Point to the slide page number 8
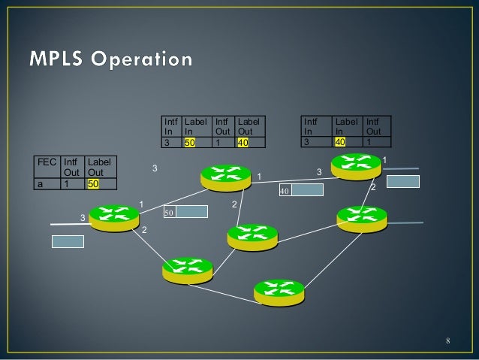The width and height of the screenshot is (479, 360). pyautogui.click(x=447, y=343)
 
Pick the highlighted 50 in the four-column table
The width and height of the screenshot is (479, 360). pyautogui.click(x=191, y=141)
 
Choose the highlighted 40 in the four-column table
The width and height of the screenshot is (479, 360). pyautogui.click(x=243, y=141)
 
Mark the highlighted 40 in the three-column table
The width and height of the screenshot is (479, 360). pyautogui.click(x=342, y=141)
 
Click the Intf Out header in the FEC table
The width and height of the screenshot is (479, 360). pyautogui.click(x=72, y=168)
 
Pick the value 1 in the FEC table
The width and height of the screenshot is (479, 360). pyautogui.click(x=67, y=183)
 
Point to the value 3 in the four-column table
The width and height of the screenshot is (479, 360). pyautogui.click(x=167, y=141)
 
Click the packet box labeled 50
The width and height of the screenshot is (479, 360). pyautogui.click(x=185, y=212)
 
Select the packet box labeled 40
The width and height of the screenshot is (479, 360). pyautogui.click(x=301, y=190)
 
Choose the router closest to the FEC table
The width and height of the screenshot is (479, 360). pyautogui.click(x=114, y=217)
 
